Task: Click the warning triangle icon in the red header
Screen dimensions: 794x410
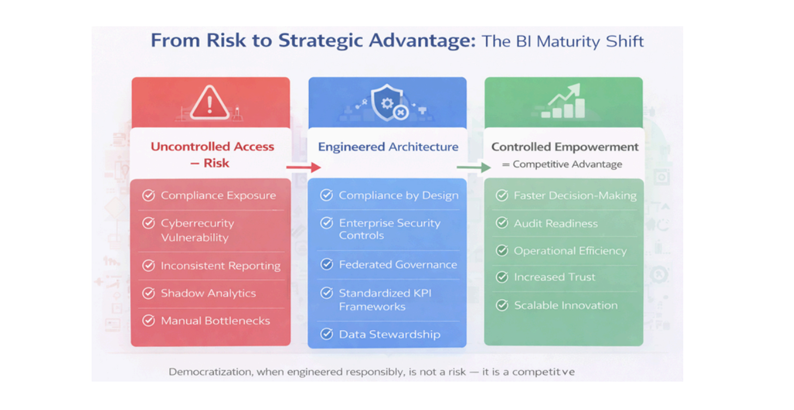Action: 210,103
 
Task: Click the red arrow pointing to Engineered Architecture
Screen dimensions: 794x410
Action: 304,167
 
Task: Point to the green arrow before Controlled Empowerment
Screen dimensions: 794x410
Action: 474,167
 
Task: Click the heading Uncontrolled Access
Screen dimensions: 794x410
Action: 212,147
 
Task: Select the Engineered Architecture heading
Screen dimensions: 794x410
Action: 388,147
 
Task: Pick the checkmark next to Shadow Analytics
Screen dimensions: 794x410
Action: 148,293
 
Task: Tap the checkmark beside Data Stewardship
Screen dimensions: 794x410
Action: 327,334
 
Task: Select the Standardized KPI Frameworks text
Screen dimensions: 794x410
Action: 385,300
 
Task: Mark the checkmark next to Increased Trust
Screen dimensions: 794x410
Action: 502,277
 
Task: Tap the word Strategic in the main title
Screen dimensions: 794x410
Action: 320,41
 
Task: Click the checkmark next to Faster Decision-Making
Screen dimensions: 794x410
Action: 502,195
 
